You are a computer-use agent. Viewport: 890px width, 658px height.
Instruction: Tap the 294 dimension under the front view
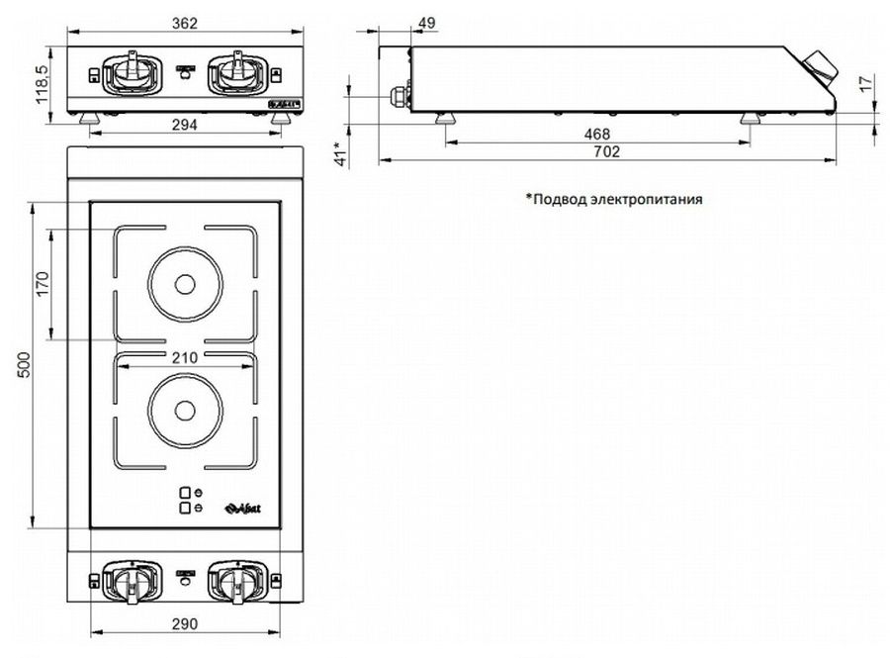185,125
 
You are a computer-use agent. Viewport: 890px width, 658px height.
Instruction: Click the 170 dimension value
42,285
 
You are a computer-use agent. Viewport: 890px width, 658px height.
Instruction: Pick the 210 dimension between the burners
185,357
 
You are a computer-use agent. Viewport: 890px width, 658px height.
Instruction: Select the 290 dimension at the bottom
185,622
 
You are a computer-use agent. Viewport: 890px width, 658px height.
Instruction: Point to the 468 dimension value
597,135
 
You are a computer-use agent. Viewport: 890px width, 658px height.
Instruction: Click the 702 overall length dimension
606,151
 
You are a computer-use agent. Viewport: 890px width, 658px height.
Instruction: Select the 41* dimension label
341,153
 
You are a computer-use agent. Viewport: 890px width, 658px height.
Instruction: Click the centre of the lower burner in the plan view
185,409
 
